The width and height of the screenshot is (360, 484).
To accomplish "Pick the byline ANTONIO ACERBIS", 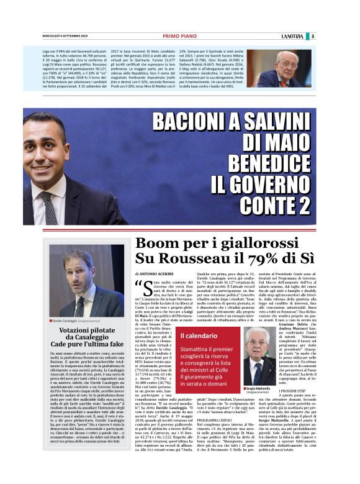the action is pyautogui.click(x=156, y=274).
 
